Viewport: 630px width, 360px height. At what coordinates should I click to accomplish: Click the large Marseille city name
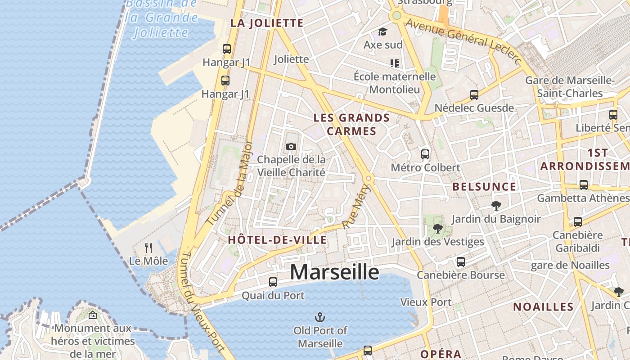[334, 272]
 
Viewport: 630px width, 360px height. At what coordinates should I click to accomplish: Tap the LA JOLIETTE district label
[267, 23]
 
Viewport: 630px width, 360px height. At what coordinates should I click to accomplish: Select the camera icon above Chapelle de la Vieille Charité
[291, 146]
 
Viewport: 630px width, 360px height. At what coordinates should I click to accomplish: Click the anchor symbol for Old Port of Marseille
[320, 317]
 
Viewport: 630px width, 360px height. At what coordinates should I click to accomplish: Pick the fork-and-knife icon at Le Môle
[148, 247]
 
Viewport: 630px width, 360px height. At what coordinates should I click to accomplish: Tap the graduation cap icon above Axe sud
[383, 31]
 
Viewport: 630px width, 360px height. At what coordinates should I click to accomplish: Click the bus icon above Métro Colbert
[425, 154]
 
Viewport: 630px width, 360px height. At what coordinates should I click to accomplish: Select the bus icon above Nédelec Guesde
[474, 95]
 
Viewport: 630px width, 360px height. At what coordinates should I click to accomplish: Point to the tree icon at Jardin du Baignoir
[496, 206]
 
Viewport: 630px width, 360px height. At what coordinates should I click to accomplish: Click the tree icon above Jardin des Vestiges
[437, 229]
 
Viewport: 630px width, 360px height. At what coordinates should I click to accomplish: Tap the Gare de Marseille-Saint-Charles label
[570, 87]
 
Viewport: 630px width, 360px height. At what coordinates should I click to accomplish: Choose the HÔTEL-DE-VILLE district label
[277, 240]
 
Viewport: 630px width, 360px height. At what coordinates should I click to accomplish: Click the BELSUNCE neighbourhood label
[484, 187]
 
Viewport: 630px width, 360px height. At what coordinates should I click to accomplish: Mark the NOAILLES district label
[543, 307]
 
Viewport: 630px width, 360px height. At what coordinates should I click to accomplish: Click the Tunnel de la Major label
[230, 184]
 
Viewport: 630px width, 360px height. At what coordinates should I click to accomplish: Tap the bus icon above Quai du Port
[273, 282]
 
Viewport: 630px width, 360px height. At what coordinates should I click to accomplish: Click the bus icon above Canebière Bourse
[461, 262]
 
